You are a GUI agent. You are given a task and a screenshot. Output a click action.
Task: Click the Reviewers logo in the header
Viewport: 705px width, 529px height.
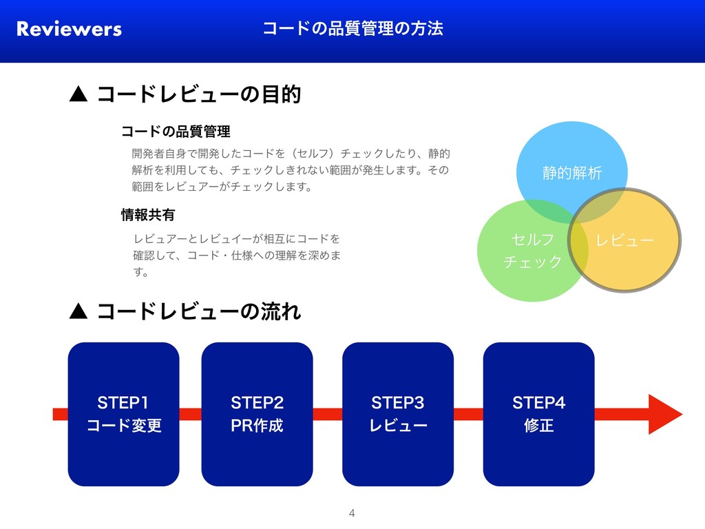click(x=69, y=29)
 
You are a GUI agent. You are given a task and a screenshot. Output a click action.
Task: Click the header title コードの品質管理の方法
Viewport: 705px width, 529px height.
click(x=352, y=28)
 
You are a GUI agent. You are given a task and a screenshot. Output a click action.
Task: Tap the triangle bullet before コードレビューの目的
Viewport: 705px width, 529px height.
click(x=78, y=94)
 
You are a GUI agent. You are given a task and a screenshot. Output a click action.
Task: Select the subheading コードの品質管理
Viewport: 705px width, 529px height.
click(x=175, y=131)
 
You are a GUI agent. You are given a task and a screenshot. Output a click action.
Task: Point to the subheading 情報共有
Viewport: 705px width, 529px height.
click(x=147, y=216)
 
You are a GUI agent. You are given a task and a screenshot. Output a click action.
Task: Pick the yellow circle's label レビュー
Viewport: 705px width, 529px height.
click(x=624, y=240)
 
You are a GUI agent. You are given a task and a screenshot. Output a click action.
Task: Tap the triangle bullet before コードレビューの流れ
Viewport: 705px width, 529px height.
click(x=78, y=313)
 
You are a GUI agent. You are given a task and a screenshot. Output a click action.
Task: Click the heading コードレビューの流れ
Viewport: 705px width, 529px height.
click(x=199, y=312)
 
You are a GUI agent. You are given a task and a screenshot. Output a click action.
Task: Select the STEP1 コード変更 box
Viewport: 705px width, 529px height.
click(x=123, y=414)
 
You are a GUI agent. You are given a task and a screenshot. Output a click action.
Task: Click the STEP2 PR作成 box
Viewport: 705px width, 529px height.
click(x=257, y=414)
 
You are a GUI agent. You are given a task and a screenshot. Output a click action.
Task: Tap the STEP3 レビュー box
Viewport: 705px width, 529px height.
click(x=398, y=414)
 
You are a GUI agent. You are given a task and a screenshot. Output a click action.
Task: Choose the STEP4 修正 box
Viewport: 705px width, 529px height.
click(x=538, y=414)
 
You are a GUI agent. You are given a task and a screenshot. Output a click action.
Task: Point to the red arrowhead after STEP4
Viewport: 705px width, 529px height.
click(x=664, y=414)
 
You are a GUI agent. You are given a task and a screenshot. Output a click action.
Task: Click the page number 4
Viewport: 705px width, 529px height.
click(x=352, y=512)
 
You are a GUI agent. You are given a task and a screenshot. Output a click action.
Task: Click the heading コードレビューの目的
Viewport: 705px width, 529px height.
click(x=199, y=94)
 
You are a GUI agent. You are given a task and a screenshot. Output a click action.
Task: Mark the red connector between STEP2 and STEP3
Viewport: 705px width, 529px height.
click(x=328, y=414)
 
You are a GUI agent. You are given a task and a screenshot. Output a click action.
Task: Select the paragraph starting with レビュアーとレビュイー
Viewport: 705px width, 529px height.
click(x=237, y=256)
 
